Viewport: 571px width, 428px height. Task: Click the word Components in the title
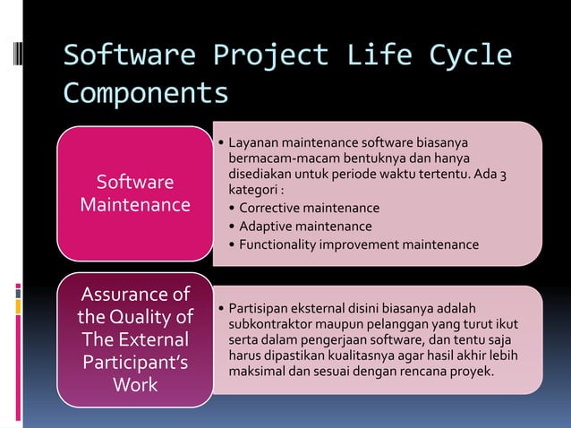pos(145,92)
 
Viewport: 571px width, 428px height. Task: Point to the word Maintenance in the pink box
pos(135,205)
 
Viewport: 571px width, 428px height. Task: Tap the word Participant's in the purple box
pos(135,364)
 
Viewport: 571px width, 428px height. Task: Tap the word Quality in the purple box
pos(154,317)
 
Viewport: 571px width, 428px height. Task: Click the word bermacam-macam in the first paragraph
pos(284,158)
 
